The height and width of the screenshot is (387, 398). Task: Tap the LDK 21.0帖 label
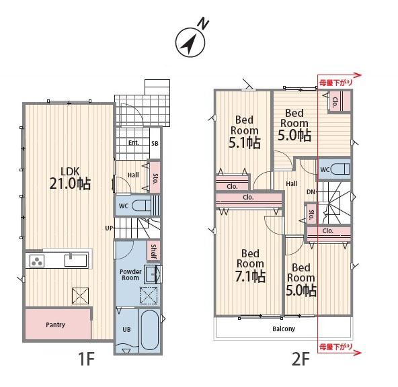[x=70, y=178]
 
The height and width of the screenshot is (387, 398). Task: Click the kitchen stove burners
[x=37, y=261]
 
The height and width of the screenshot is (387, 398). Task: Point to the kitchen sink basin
[x=76, y=261]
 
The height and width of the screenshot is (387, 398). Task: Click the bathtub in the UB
[x=150, y=330]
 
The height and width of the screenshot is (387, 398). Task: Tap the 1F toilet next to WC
[x=141, y=206]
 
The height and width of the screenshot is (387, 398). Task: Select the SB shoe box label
[x=155, y=143]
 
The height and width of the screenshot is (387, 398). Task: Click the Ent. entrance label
[x=134, y=143]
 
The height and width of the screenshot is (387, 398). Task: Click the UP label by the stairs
[x=109, y=228]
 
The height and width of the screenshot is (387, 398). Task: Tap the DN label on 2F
[x=311, y=192]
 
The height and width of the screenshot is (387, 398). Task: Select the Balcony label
[x=284, y=329]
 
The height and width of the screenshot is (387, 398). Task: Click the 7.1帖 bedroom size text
[x=251, y=276]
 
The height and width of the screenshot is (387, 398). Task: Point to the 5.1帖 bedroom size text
[x=245, y=142]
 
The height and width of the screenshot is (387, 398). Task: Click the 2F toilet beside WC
[x=341, y=169]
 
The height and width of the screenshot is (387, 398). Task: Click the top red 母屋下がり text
[x=336, y=83]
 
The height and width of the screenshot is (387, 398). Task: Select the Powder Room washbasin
[x=153, y=274]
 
